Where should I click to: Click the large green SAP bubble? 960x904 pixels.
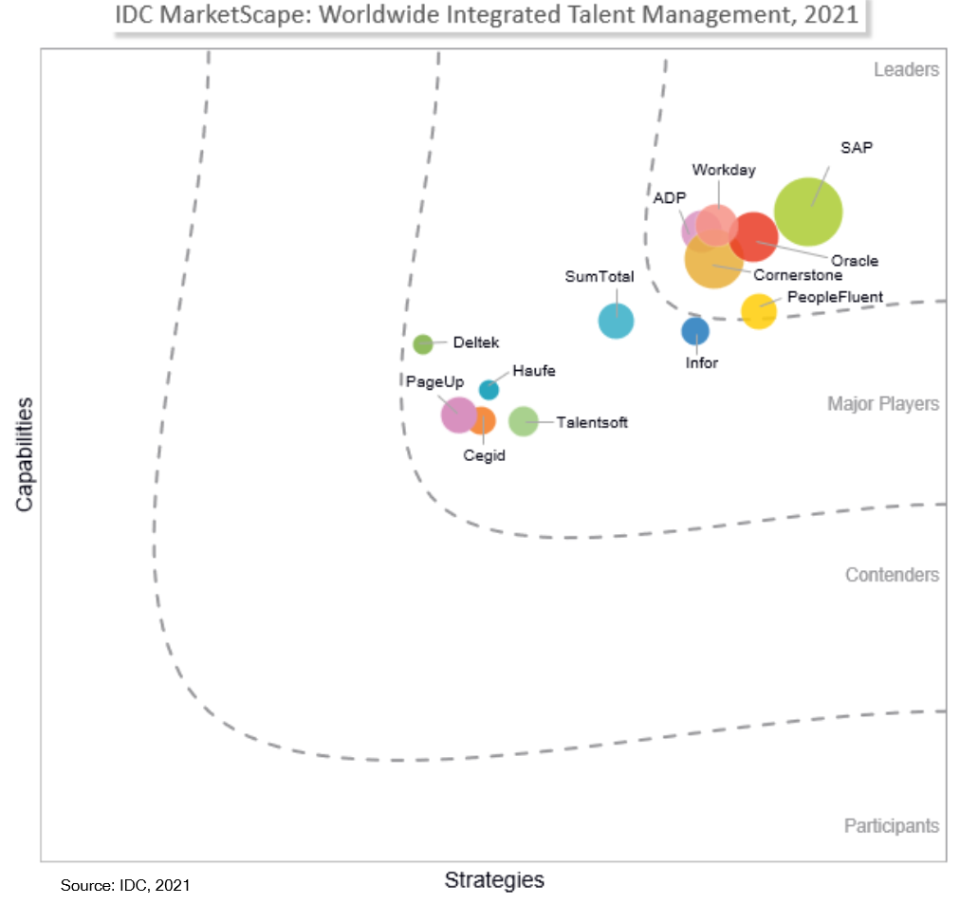pos(808,212)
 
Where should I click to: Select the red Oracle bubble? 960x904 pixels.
pos(754,237)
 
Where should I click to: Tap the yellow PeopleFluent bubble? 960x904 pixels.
pos(758,311)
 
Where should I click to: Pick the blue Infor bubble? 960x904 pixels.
pos(695,331)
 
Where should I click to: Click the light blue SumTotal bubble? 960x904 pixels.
pos(616,322)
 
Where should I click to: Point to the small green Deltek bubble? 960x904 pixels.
pos(423,343)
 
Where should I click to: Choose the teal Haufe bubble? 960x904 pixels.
pos(489,389)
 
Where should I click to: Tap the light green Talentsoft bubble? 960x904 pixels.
pos(523,420)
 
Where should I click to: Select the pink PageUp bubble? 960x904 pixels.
pos(458,414)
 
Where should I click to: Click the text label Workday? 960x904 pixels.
pos(724,171)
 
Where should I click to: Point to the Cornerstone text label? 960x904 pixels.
pos(798,276)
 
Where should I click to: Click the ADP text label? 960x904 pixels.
pos(670,197)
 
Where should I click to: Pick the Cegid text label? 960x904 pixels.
pos(484,455)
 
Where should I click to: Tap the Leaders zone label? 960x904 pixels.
pos(906,69)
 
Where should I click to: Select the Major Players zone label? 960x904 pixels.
pos(883,404)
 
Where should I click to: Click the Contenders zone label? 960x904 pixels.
pos(892,575)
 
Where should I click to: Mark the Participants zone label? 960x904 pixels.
pos(892,826)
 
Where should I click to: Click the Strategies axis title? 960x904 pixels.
pos(494,880)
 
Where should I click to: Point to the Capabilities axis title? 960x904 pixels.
pos(25,454)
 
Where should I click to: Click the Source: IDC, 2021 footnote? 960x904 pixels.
pos(125,885)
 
